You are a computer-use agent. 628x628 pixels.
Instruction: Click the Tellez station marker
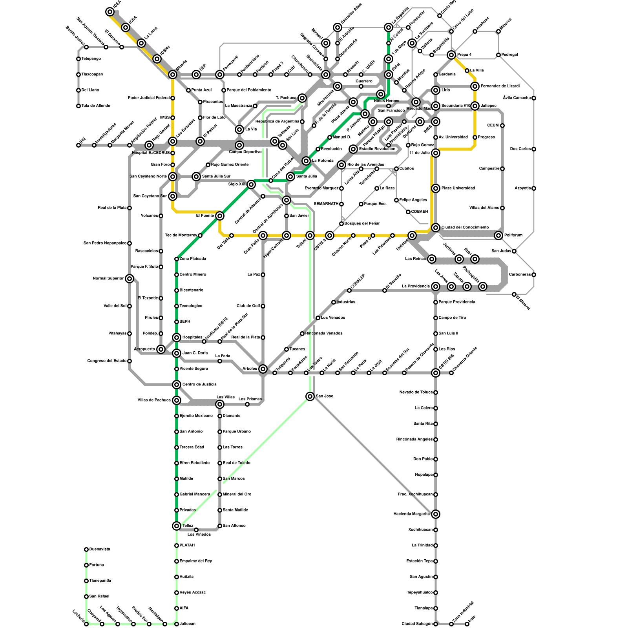point(177,526)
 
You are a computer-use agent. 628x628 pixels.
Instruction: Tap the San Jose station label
point(324,396)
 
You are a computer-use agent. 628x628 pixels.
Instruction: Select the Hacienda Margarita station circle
point(435,514)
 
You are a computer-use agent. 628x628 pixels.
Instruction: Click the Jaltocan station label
point(187,624)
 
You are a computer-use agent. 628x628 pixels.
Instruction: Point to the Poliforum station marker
point(498,235)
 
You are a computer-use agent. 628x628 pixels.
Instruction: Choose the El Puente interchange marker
point(220,215)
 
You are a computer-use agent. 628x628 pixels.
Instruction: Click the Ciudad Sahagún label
point(417,624)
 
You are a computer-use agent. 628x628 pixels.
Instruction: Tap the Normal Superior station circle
point(130,279)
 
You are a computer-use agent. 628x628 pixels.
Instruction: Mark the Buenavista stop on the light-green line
point(86,549)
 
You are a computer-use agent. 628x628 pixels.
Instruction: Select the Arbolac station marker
point(263,369)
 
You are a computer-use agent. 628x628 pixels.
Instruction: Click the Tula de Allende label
point(96,106)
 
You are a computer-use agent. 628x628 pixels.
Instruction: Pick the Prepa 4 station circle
point(451,55)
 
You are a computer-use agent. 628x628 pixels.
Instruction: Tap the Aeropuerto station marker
point(161,349)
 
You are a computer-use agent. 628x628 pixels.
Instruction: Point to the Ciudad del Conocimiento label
point(465,228)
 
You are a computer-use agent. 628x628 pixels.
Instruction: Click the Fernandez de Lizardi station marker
point(475,86)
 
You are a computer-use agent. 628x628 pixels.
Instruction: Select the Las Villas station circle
point(220,404)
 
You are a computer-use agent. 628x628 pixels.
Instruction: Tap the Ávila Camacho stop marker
point(534,98)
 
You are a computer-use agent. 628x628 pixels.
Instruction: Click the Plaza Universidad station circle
point(436,188)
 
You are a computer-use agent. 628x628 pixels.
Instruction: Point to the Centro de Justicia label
point(199,385)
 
